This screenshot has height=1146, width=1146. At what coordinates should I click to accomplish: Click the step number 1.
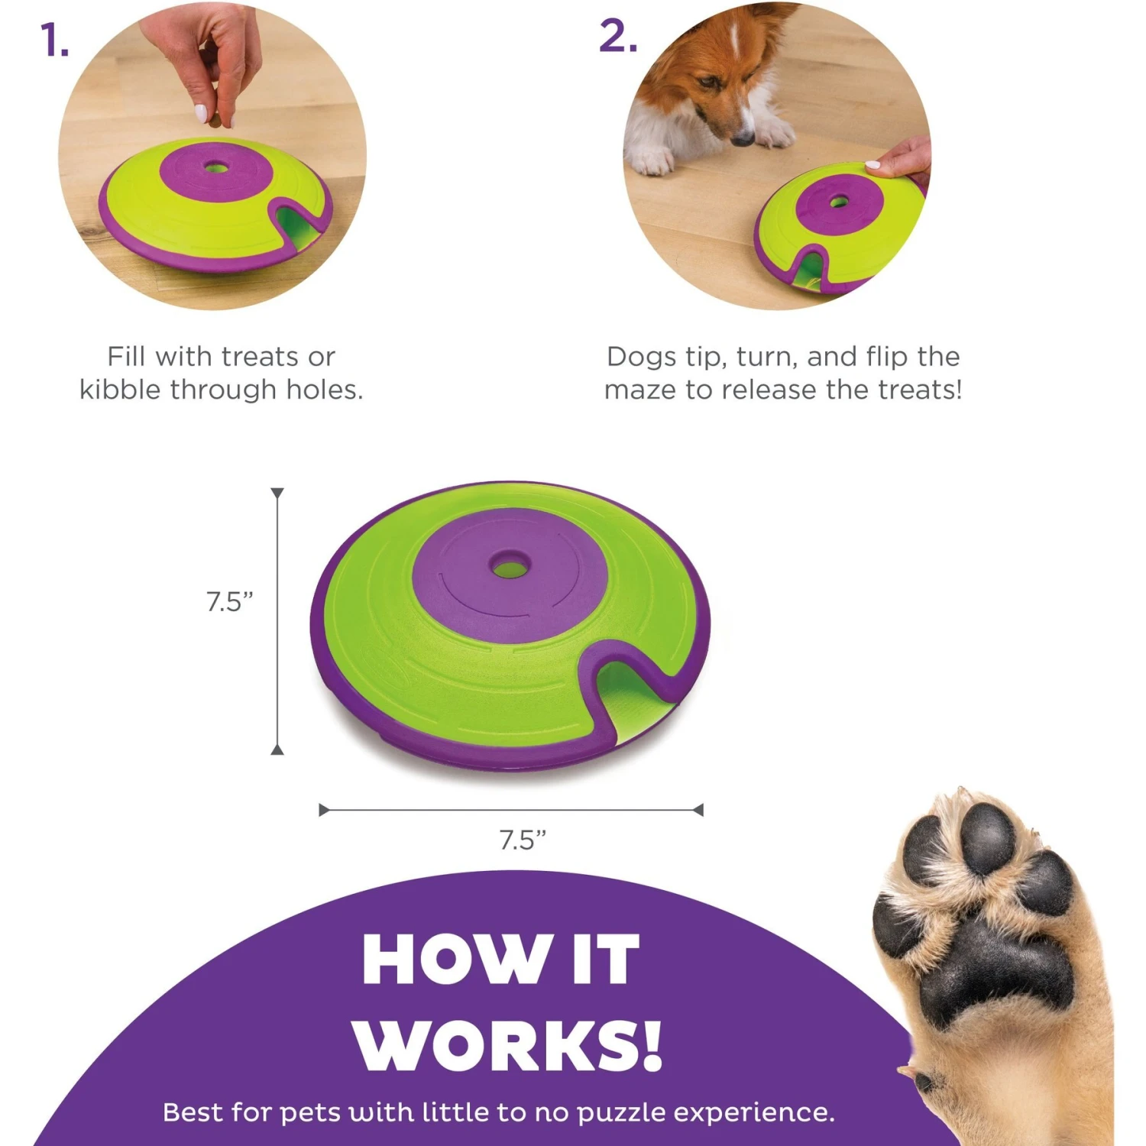point(53,40)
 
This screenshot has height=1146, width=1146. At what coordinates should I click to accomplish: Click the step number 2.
point(617,37)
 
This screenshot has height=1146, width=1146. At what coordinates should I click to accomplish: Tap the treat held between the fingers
point(216,120)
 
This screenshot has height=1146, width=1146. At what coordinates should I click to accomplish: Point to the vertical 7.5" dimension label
point(229,602)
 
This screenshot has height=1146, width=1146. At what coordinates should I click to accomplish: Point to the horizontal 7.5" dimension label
point(523,840)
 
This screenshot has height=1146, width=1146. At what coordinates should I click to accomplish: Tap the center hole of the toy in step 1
point(216,166)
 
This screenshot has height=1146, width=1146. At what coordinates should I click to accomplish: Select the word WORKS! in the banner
point(507,1046)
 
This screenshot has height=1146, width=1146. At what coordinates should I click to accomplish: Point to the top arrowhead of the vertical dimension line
point(277,494)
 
